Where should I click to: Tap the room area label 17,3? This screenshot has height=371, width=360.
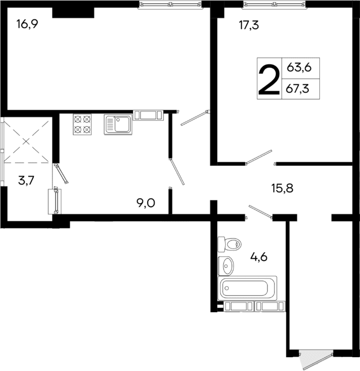click(248, 25)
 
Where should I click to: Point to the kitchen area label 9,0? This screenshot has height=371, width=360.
click(145, 202)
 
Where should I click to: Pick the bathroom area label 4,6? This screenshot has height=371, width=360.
click(258, 258)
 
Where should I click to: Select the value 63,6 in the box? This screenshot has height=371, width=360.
click(299, 68)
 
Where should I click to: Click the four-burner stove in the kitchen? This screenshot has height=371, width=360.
click(82, 124)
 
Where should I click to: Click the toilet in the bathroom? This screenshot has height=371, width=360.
click(229, 244)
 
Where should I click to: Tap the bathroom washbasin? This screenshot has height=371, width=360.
click(226, 264)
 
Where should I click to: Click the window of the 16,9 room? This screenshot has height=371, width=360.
click(170, 5)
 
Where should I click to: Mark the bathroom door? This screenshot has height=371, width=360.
click(258, 212)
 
